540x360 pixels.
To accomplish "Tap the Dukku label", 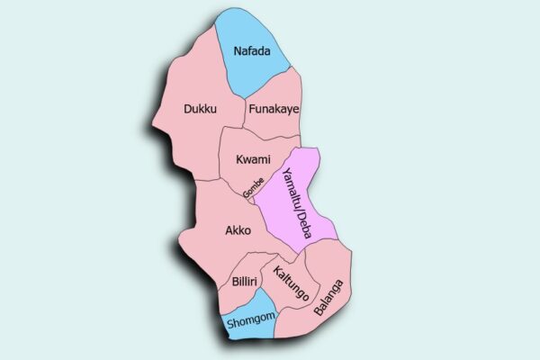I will pos(200,109).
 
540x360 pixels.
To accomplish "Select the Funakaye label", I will pos(273,109).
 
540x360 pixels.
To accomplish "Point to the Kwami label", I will pos(253,159).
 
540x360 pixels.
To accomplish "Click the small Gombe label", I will pos(253,186).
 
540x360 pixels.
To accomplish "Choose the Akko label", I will pos(238,229).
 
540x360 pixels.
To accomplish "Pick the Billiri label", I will pos(245,282).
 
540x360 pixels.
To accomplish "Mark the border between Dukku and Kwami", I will pos(222,153).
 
